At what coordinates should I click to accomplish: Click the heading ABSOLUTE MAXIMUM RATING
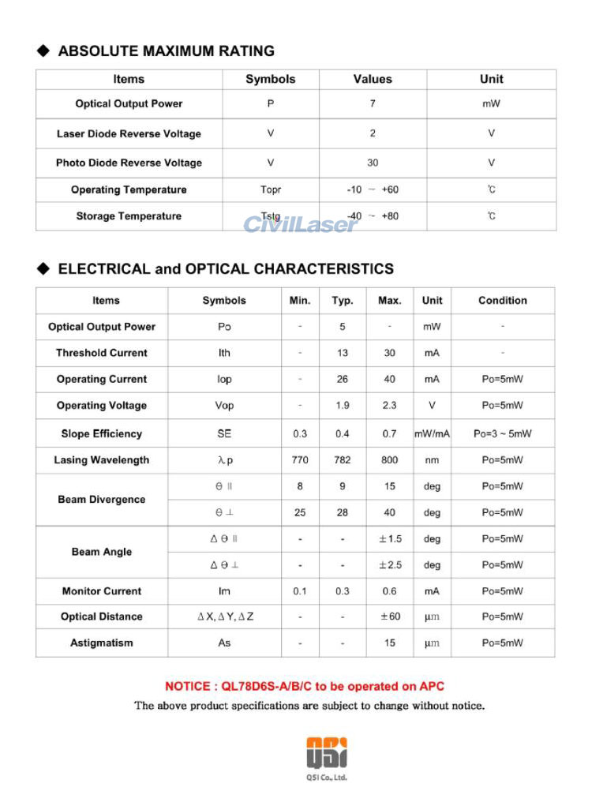point(167,51)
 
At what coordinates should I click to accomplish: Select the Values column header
point(373,79)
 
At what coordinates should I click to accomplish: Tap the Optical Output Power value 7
point(373,103)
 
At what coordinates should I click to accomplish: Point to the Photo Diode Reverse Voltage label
point(129,163)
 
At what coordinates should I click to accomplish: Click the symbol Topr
point(271,189)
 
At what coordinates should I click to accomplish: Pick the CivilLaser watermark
point(300,224)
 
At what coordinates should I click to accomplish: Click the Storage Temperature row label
point(129,216)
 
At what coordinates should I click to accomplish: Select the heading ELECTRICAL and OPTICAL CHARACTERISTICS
point(226,269)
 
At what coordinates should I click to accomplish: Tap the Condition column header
point(502,301)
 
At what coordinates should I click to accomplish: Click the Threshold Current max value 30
point(390,353)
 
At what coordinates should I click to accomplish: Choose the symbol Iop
point(224,380)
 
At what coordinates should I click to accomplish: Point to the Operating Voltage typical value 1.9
point(343,406)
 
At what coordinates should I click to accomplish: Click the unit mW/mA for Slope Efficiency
point(432,433)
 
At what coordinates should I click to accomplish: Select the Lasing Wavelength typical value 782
point(343,460)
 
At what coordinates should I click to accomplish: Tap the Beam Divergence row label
point(102,500)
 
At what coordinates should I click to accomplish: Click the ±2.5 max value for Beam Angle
point(390,565)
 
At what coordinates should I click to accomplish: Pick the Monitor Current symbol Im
point(224,591)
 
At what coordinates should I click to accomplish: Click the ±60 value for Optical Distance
point(390,616)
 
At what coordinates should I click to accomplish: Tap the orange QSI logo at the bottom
point(326,752)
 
